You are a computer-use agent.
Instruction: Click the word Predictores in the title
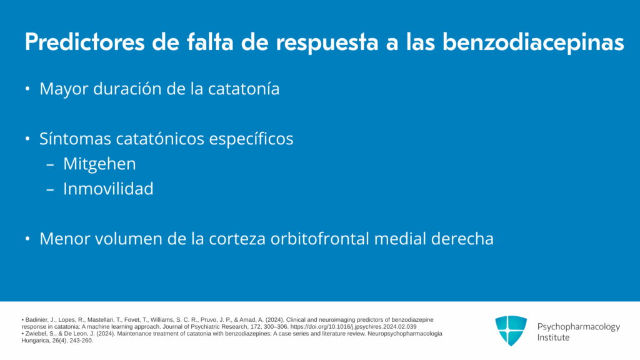[85, 42]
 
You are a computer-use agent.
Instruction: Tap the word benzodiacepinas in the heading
[534, 42]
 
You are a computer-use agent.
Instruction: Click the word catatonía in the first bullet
[244, 89]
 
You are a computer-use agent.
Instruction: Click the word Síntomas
[75, 139]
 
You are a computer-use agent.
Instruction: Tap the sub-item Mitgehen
[99, 164]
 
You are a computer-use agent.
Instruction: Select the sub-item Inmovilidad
[108, 189]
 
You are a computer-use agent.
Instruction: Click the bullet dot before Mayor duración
[27, 89]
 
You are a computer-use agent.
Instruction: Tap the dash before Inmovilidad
[50, 189]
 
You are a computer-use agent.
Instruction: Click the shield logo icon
[511, 331]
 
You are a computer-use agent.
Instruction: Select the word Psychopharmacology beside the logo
[578, 327]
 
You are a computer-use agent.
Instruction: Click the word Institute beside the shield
[553, 337]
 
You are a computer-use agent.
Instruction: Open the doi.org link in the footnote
[354, 327]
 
